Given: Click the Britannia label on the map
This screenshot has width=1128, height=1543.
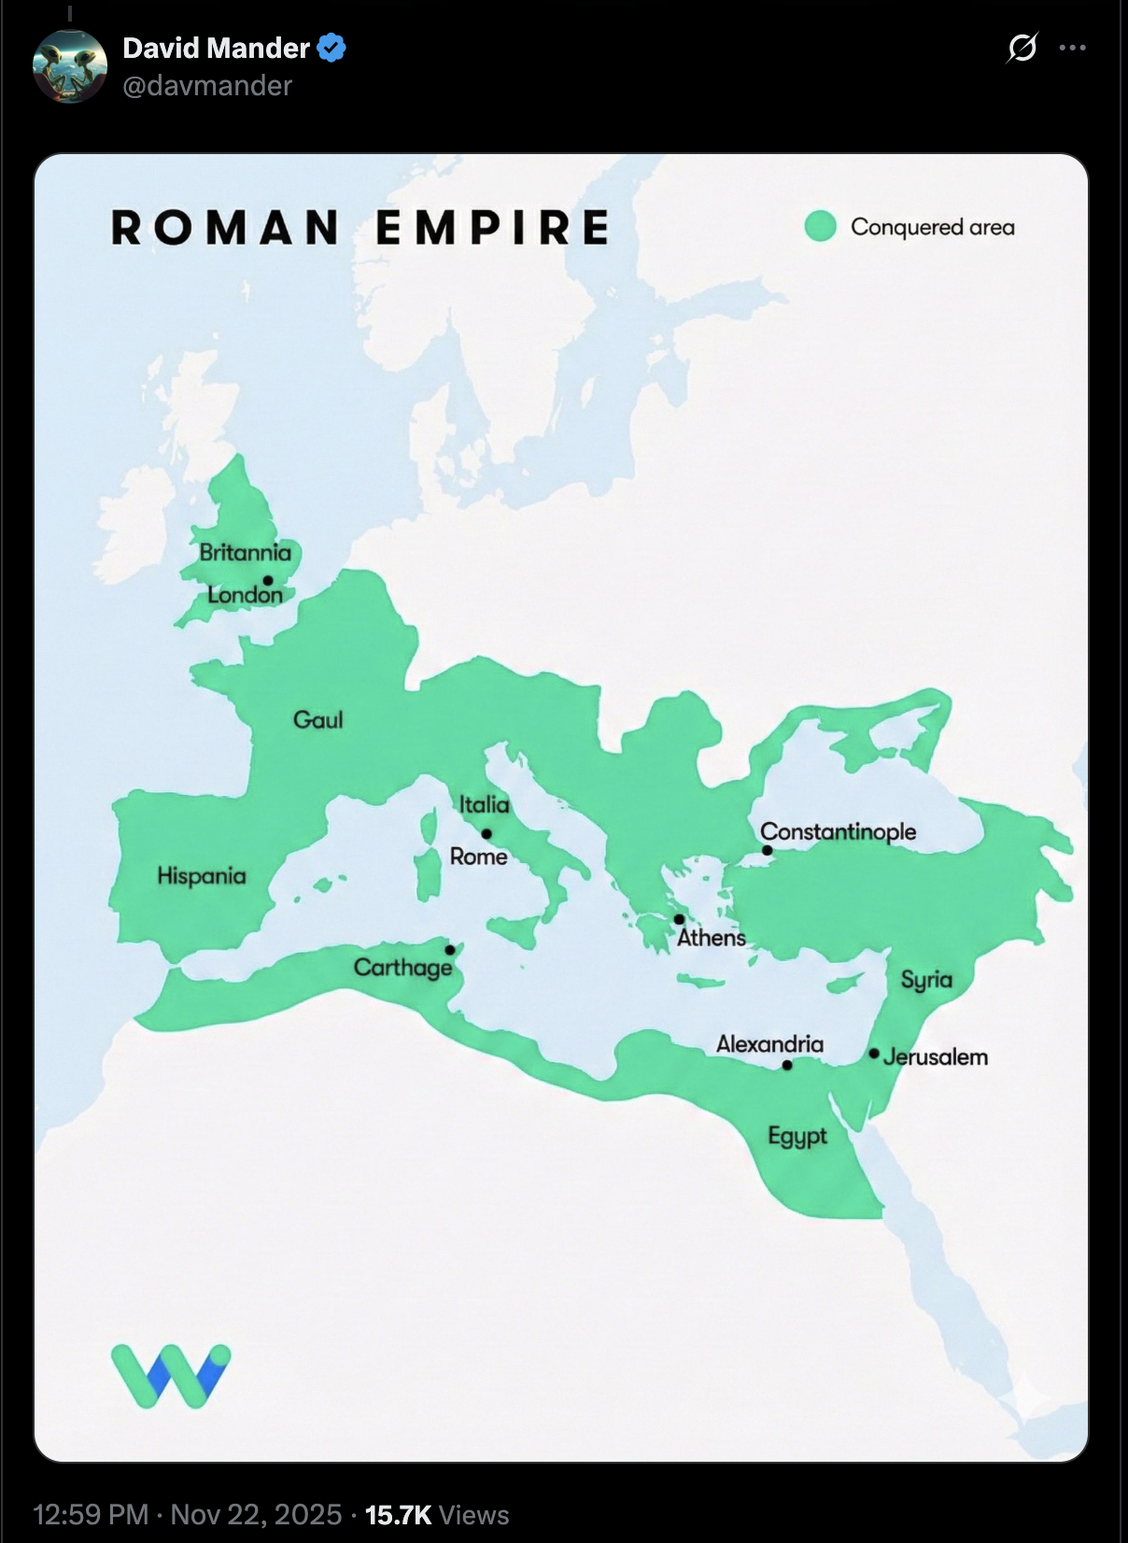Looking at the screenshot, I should coord(245,552).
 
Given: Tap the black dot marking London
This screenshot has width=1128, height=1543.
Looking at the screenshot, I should coord(268,580).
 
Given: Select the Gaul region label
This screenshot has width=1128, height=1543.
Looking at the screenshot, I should coord(317,720).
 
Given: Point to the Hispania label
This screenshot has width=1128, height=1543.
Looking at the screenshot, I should coord(202,876).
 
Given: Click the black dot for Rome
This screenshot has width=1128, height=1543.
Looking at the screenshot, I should coord(486,834).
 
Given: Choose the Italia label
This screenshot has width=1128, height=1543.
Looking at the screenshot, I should coord(484,805).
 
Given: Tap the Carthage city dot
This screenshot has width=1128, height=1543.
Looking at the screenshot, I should coord(450,950).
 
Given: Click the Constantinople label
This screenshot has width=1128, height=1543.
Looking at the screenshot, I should coord(838,831).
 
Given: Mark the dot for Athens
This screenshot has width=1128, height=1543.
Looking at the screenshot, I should coord(679,920).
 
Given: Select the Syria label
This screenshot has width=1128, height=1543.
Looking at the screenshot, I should coord(926,980).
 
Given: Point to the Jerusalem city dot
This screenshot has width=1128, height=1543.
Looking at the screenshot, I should coord(874,1054).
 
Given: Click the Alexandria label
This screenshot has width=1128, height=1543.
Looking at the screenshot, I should coord(769,1044).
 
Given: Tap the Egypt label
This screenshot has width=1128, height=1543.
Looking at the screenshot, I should coord(797,1137).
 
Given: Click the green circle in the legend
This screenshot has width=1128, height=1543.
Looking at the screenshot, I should coord(820,226).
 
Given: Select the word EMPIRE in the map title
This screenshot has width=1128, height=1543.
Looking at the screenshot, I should coord(492,228).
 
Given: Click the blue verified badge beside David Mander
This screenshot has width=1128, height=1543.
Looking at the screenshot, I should coord(331,48).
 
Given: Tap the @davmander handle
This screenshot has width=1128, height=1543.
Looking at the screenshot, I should coord(207,86).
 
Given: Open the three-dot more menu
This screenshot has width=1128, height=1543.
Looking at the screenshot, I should coord(1072,48).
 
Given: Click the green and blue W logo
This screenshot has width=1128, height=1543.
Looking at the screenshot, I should coord(171,1375).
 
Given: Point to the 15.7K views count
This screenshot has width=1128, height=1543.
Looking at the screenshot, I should coord(399,1515).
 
